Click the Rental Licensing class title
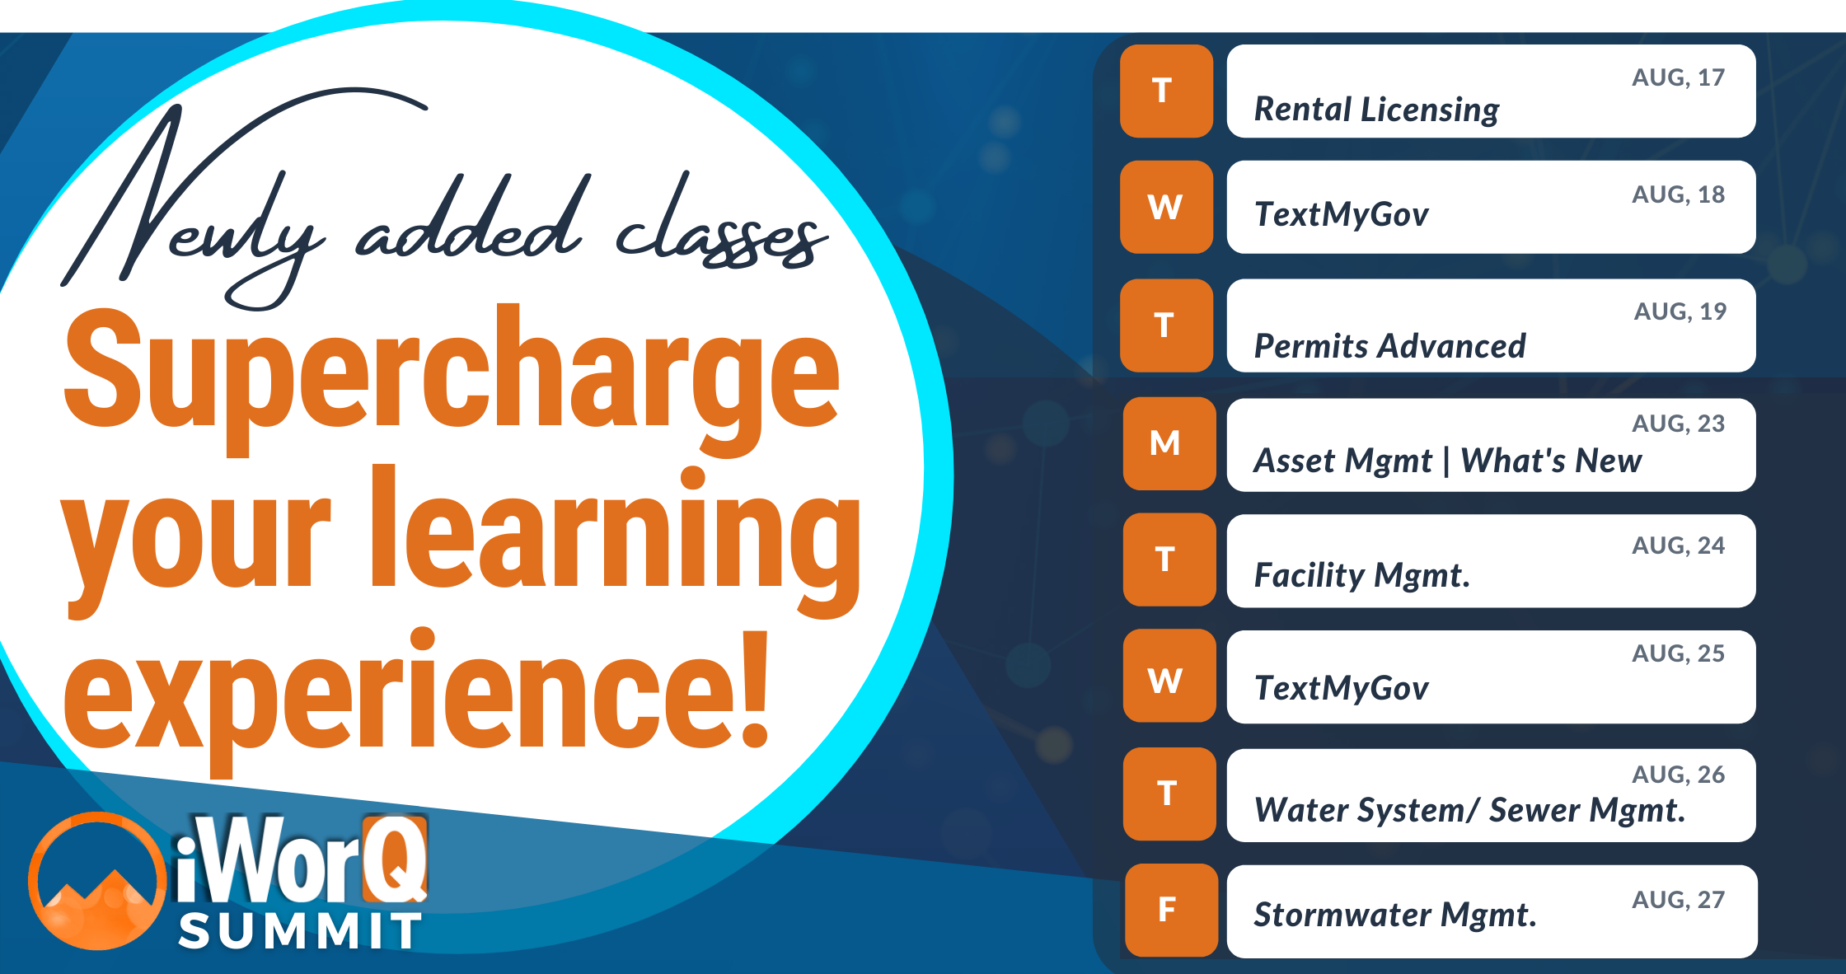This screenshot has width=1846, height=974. click(1376, 110)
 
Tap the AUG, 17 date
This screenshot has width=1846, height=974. click(1678, 77)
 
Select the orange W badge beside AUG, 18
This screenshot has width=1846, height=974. click(1166, 207)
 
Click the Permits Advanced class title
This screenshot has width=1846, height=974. click(1389, 346)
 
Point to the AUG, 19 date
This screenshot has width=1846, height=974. click(1680, 311)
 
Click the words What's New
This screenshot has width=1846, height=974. click(1551, 461)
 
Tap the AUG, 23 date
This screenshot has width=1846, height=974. click(1678, 424)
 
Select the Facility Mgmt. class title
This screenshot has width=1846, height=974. click(1361, 575)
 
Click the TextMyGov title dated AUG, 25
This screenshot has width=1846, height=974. click(1341, 688)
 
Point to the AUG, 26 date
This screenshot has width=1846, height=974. click(1678, 775)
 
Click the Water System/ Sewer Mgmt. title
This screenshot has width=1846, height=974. click(1469, 810)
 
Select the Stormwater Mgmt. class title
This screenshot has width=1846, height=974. click(1394, 915)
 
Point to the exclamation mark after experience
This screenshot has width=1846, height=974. click(753, 688)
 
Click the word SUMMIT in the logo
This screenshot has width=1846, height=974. click(300, 932)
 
